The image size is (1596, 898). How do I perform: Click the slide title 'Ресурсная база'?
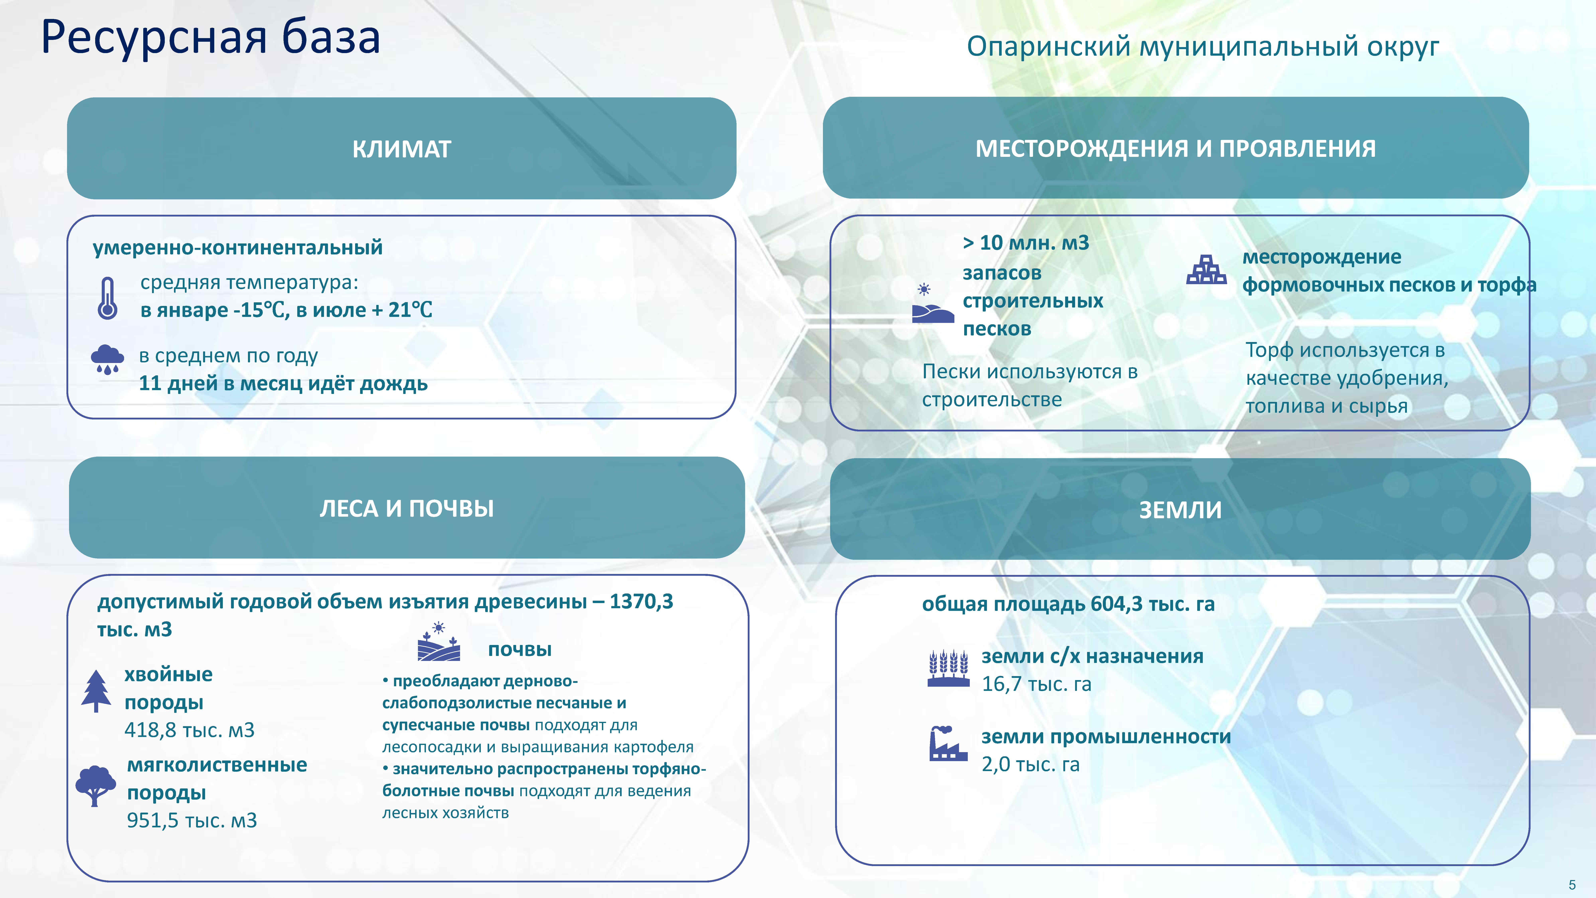click(211, 37)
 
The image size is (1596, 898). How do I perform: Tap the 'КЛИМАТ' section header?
click(401, 149)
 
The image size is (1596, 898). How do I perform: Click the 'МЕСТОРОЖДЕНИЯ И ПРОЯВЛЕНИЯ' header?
click(1175, 149)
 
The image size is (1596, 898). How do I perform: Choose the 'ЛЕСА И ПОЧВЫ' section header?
click(406, 508)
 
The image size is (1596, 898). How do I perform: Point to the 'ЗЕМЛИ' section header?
click(1180, 509)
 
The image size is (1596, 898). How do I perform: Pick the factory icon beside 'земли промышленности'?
click(948, 744)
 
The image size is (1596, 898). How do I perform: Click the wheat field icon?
click(948, 668)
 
